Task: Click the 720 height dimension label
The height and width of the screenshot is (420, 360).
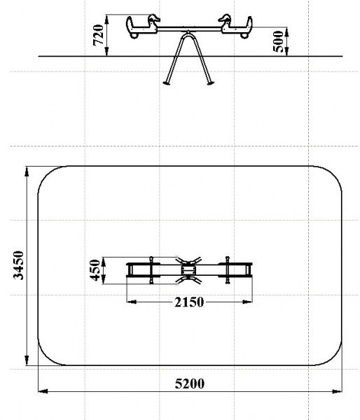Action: [98, 35]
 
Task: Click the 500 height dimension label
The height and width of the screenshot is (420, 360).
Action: [278, 41]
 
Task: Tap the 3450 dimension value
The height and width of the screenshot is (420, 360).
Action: [18, 265]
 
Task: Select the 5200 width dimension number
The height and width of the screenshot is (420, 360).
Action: [190, 384]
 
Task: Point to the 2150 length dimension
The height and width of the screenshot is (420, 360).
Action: [189, 302]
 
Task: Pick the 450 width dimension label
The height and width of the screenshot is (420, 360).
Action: [95, 270]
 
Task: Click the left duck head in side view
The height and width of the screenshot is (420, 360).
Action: [154, 18]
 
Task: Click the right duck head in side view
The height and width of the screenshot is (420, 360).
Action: [224, 18]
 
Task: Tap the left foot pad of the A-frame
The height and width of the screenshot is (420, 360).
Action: [167, 83]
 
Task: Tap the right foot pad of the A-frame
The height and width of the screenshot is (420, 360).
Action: [210, 83]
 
